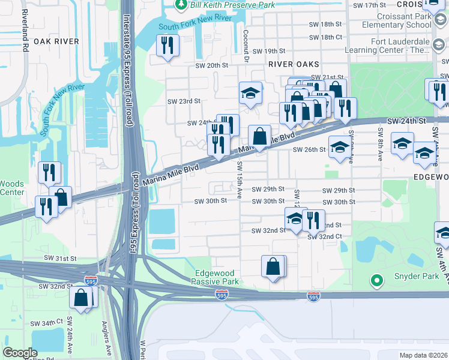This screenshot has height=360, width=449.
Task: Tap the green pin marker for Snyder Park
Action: point(377,280)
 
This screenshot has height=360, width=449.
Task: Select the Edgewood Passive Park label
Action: point(216,277)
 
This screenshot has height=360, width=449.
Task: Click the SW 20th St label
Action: point(212,65)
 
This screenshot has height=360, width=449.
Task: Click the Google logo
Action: point(20,353)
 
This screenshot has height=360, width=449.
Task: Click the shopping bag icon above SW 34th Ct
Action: point(81,298)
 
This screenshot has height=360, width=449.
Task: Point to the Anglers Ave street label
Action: point(108,343)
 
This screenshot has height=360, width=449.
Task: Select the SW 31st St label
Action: point(61,257)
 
